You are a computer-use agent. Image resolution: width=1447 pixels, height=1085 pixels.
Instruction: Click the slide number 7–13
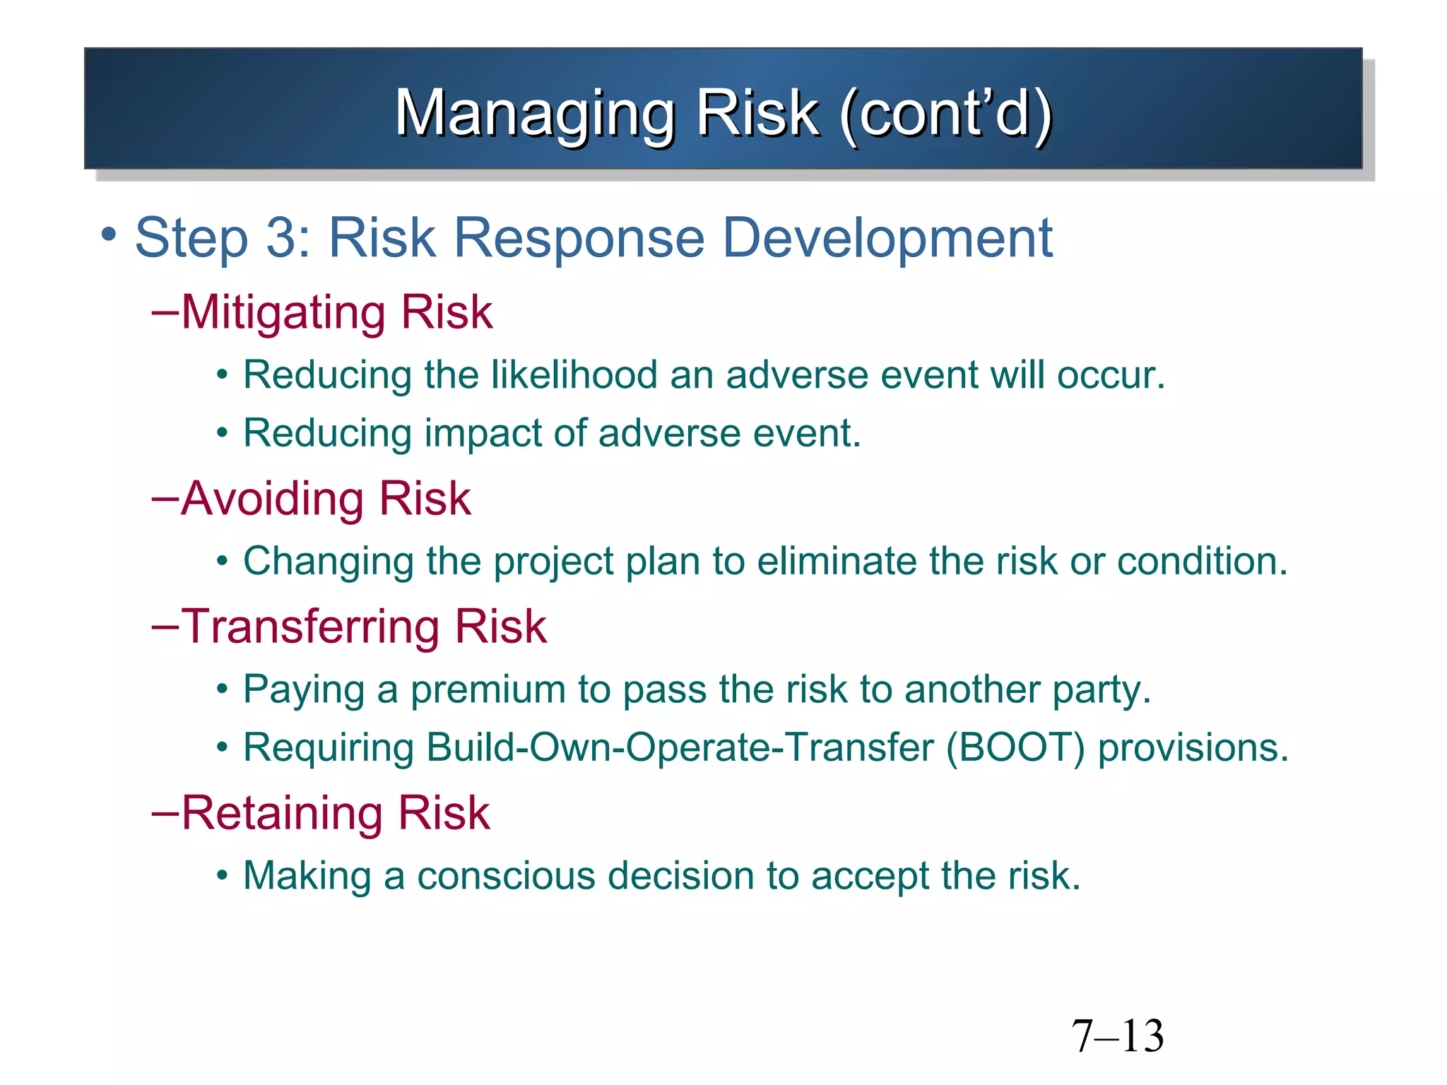click(1117, 1036)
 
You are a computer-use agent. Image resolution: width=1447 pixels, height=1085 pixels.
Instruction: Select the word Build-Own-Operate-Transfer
click(680, 747)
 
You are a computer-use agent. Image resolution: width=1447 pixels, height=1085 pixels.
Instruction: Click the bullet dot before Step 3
click(108, 234)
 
